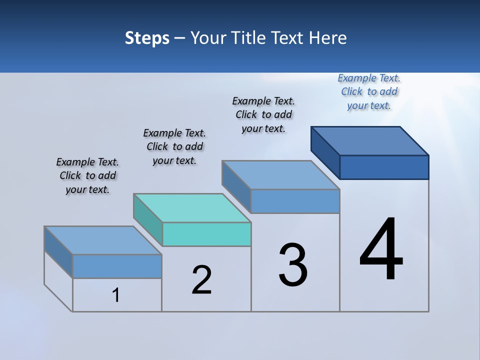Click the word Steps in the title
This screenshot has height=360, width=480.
[x=146, y=38]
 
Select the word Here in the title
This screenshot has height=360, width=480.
[x=327, y=38]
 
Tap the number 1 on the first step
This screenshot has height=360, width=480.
[x=116, y=295]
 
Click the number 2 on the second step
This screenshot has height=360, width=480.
[x=201, y=280]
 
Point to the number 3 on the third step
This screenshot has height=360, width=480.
[x=293, y=265]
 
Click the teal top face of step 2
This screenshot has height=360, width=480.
[x=192, y=207]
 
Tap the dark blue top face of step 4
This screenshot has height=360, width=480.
[x=370, y=140]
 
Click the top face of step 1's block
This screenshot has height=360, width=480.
[x=103, y=240]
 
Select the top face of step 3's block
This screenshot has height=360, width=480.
[x=281, y=175]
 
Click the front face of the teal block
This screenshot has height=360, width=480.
[x=206, y=234]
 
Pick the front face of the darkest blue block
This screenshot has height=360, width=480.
[x=384, y=167]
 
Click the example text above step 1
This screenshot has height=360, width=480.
[x=87, y=175]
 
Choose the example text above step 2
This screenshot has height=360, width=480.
[x=174, y=146]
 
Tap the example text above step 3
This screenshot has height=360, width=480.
[x=263, y=114]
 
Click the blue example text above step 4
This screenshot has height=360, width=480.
[x=369, y=91]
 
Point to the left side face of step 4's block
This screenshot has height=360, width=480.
[x=325, y=152]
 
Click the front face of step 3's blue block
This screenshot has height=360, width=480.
[x=295, y=201]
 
